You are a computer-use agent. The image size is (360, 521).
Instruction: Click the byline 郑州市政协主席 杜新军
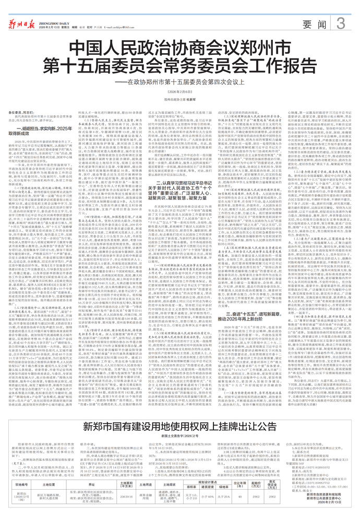tap(180, 98)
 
